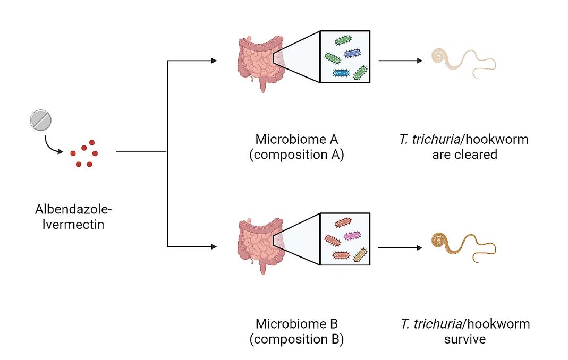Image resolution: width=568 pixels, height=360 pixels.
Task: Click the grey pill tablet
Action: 40,120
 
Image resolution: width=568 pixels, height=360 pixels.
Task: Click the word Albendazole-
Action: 73,209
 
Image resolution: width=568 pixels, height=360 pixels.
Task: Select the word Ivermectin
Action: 73,225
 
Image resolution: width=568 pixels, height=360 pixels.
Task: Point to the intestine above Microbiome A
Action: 261,62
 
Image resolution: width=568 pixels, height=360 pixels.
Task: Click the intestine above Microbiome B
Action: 261,244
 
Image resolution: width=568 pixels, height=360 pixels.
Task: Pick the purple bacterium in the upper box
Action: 352,54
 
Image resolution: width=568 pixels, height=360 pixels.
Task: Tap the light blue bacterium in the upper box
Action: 341,73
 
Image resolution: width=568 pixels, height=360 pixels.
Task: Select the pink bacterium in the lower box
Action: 352,236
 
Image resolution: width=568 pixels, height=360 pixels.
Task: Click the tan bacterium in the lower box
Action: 360,255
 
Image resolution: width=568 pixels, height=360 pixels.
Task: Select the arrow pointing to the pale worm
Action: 400,61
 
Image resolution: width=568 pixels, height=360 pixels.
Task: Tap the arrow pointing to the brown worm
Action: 400,248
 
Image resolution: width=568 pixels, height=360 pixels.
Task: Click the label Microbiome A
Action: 296,139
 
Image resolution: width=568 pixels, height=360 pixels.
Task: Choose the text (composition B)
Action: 296,339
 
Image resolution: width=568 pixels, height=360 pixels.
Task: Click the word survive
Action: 465,339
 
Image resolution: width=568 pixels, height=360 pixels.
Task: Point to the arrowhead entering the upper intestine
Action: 214,61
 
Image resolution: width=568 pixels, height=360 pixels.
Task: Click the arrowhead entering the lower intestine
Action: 214,247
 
